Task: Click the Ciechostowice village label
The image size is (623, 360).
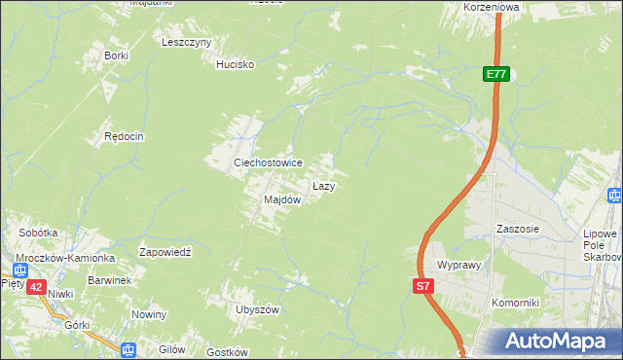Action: point(267,162)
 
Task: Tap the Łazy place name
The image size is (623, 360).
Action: point(324,186)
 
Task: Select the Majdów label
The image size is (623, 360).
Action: point(281,199)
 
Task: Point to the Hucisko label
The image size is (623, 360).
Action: point(235,64)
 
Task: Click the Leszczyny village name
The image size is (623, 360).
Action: point(187,43)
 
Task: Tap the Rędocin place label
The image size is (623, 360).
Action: point(124,137)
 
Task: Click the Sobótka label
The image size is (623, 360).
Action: point(39,234)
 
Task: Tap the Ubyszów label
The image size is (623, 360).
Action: point(257,309)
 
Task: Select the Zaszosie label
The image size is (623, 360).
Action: point(517,230)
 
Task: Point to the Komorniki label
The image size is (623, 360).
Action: point(516,303)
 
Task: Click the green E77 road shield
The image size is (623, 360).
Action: point(496,74)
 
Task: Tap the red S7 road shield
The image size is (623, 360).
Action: point(422,286)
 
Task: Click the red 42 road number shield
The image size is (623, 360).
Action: point(36,287)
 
